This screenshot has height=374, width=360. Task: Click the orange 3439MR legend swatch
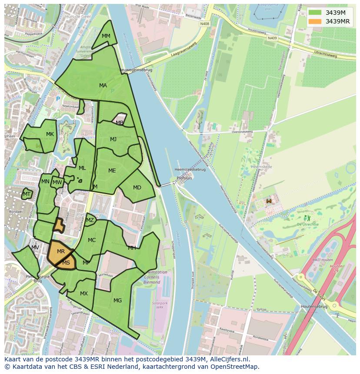pyautogui.click(x=316, y=21)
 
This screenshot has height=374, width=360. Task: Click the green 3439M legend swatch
pyautogui.click(x=316, y=12)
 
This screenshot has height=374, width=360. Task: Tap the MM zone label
pyautogui.click(x=106, y=36)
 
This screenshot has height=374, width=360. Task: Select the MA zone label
pyautogui.click(x=103, y=86)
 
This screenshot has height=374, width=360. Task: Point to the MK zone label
pyautogui.click(x=50, y=134)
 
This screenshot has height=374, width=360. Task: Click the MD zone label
pyautogui.click(x=137, y=188)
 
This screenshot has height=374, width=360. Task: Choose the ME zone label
pyautogui.click(x=112, y=171)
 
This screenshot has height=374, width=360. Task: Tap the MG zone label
pyautogui.click(x=117, y=300)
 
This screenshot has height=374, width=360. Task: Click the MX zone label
pyautogui.click(x=84, y=294)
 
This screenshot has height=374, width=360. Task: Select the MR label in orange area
pyautogui.click(x=61, y=252)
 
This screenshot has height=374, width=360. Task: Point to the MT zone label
pyautogui.click(x=27, y=194)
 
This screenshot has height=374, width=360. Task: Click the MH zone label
pyautogui.click(x=132, y=248)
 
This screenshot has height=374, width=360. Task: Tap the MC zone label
pyautogui.click(x=92, y=240)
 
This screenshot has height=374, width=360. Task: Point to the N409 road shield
pyautogui.click(x=272, y=38)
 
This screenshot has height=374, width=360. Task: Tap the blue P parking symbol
pyautogui.click(x=58, y=99)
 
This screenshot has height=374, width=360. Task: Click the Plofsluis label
pyautogui.click(x=184, y=178)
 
